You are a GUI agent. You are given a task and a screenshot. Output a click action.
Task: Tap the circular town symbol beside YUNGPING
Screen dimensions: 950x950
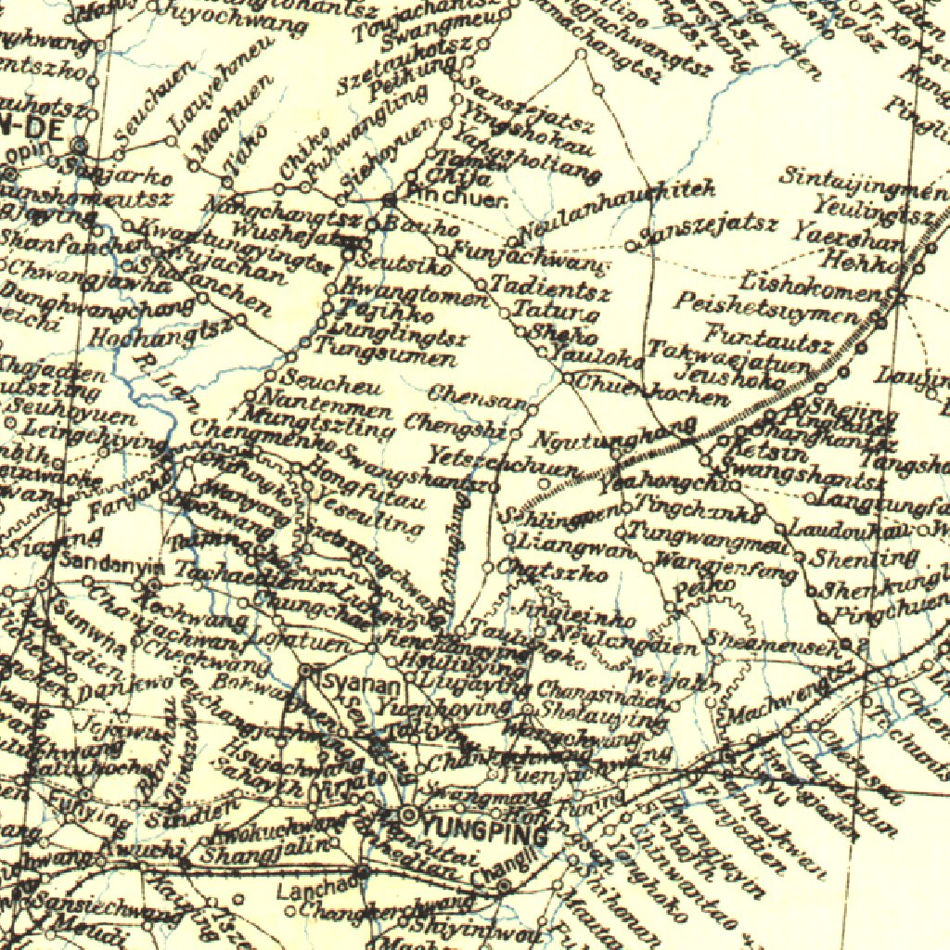408,815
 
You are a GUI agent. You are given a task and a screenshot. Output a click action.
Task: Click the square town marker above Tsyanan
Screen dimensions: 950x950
308,669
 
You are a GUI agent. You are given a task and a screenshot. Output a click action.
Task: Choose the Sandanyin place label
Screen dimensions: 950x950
111,563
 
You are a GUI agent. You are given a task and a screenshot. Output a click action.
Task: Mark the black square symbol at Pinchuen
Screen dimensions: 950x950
391,199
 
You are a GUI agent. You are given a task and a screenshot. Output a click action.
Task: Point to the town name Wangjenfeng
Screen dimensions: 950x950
725,565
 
